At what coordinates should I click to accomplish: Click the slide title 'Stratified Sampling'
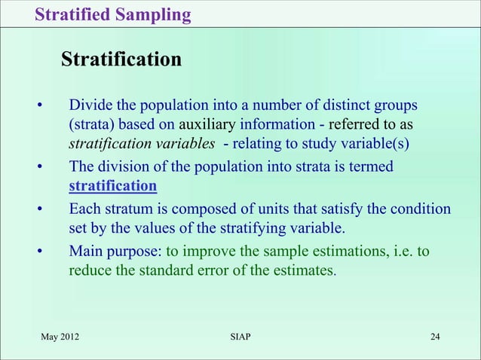pyautogui.click(x=112, y=14)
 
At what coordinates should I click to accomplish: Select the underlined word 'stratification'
pyautogui.click(x=112, y=186)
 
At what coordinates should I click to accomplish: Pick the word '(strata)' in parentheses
pyautogui.click(x=91, y=124)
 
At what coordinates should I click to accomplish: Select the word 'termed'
pyautogui.click(x=370, y=166)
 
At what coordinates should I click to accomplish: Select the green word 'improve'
pyautogui.click(x=204, y=251)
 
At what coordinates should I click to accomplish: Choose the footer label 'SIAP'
pyautogui.click(x=240, y=336)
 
